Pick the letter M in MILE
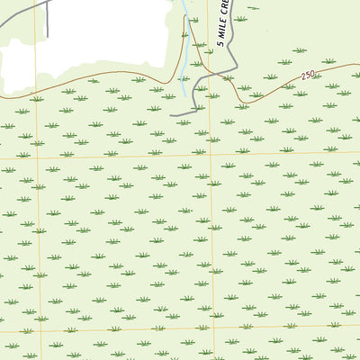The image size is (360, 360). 220,33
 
